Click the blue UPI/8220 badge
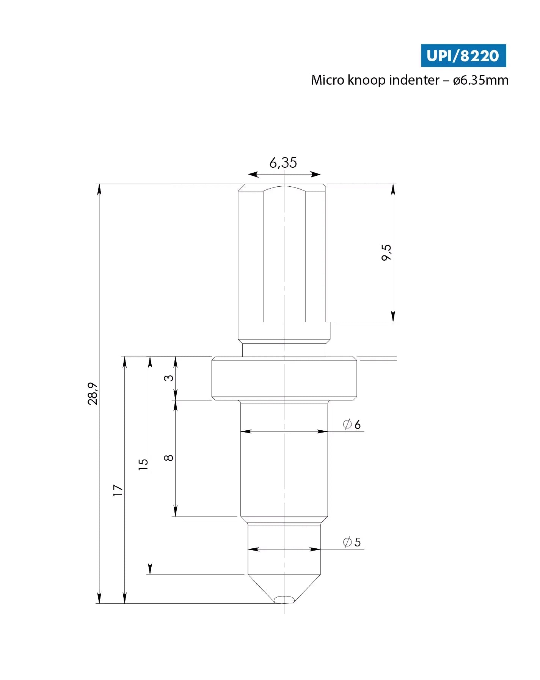(463, 56)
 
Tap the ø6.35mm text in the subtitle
(480, 80)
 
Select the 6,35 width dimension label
(283, 163)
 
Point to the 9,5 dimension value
(386, 252)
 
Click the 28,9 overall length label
(93, 394)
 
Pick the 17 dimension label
(118, 490)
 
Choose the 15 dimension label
(143, 464)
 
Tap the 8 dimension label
(169, 458)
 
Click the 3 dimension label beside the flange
(169, 378)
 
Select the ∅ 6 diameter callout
(352, 424)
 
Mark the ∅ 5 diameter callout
(352, 542)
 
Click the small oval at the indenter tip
(284, 599)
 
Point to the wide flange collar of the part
(284, 378)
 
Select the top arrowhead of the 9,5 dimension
(393, 189)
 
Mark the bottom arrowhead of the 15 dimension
(150, 569)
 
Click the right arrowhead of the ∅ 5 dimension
(316, 549)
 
